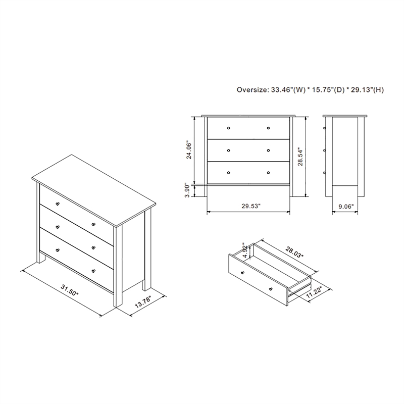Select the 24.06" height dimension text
[188, 149]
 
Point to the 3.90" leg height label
[188, 190]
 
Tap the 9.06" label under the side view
[346, 206]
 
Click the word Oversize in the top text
[252, 90]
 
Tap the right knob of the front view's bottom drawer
[268, 173]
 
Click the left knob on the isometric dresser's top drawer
[58, 203]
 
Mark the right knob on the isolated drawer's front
[271, 288]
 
